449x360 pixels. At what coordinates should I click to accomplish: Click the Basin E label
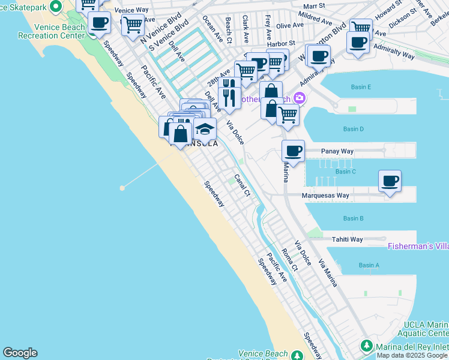click(x=361, y=87)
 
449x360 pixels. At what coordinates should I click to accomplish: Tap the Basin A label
click(x=369, y=265)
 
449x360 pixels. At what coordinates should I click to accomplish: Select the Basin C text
click(x=346, y=172)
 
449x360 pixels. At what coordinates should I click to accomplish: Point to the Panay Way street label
click(x=338, y=152)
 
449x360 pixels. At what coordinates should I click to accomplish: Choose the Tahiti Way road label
click(x=348, y=239)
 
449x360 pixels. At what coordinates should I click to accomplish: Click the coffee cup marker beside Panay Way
click(x=293, y=151)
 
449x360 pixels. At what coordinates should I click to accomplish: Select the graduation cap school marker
click(x=205, y=128)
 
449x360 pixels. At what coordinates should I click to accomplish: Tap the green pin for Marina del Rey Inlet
click(x=366, y=346)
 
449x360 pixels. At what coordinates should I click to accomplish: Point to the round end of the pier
click(x=122, y=188)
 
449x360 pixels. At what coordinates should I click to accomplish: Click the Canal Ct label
click(x=242, y=185)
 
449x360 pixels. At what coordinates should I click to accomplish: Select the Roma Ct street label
click(x=290, y=262)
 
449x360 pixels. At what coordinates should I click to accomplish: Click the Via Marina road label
click(x=328, y=272)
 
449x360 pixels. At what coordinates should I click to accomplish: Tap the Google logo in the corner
click(x=20, y=353)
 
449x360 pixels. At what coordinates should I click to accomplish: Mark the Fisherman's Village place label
click(x=418, y=246)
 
